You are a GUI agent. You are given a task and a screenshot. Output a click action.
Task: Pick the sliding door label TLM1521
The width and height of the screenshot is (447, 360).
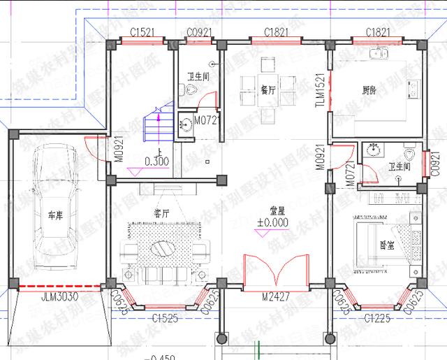click(319, 91)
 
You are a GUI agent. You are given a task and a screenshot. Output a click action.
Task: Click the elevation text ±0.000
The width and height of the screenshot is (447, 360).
click(272, 223)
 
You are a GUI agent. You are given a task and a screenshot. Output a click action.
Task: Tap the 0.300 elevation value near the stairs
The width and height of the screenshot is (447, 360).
click(156, 162)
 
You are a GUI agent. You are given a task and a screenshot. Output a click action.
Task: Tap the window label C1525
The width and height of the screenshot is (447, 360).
click(163, 319)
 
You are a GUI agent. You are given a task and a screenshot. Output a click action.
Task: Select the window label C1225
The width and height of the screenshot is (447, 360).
click(379, 318)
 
